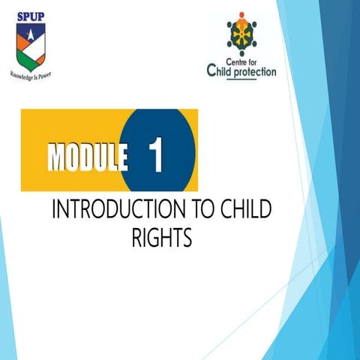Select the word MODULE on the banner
[86, 156]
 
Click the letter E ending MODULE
[118, 156]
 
